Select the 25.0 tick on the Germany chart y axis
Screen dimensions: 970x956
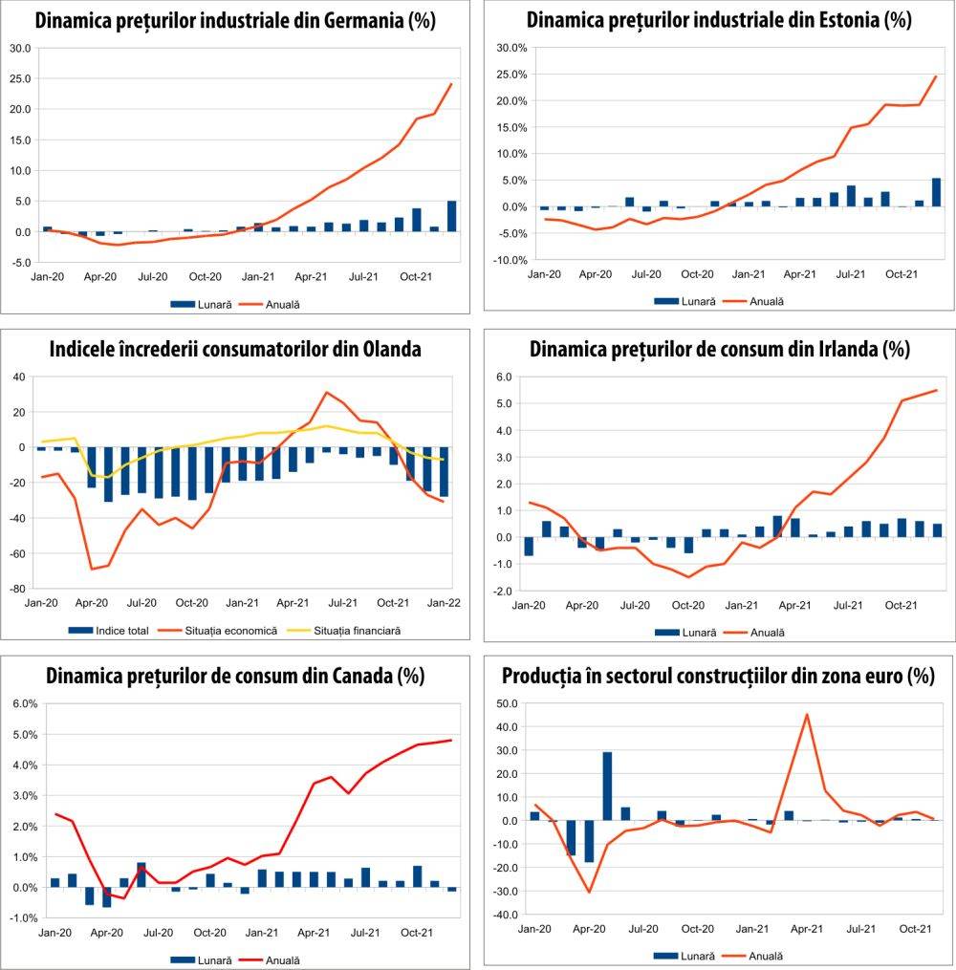tap(20, 78)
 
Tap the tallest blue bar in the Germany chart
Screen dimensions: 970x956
tap(452, 216)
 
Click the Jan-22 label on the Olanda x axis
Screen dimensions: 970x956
tap(444, 604)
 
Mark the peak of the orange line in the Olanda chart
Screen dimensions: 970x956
tap(326, 392)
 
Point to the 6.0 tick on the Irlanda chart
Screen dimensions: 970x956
tap(503, 377)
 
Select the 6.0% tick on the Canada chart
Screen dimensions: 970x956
tap(23, 703)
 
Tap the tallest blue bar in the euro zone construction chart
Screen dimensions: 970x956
tap(607, 787)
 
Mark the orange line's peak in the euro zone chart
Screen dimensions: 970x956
tap(807, 714)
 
